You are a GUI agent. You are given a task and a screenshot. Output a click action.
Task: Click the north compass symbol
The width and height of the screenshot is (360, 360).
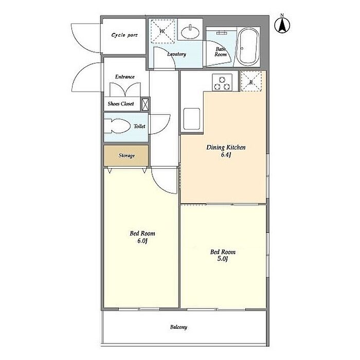pyautogui.click(x=282, y=24)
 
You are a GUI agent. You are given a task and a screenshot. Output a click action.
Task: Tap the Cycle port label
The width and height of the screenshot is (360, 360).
pyautogui.click(x=124, y=35)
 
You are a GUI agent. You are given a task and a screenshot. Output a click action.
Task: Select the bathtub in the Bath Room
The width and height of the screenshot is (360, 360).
pyautogui.click(x=248, y=47)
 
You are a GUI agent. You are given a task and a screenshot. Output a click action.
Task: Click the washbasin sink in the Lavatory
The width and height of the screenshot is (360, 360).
pyautogui.click(x=190, y=32)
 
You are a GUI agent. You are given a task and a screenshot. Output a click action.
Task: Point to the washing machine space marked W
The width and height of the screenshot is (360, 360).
pyautogui.click(x=163, y=31)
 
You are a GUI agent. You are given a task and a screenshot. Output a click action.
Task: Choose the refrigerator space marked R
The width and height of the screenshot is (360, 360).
pyautogui.click(x=251, y=82)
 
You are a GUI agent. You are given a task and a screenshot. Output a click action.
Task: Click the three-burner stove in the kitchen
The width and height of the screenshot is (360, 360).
pyautogui.click(x=222, y=82)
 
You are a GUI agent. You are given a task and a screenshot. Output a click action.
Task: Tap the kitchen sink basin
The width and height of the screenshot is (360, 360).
pyautogui.click(x=191, y=119)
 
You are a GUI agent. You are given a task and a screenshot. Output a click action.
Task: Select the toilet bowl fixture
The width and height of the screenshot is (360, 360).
pyautogui.click(x=117, y=126)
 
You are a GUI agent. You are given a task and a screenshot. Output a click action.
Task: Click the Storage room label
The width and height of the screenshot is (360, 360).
pyautogui.click(x=127, y=156)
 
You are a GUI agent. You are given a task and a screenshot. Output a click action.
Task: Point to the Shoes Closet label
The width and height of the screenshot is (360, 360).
pyautogui.click(x=121, y=104)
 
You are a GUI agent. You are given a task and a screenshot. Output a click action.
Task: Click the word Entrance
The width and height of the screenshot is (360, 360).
pyautogui.click(x=125, y=77)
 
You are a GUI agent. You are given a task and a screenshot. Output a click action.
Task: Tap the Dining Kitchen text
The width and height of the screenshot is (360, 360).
pyautogui.click(x=226, y=148)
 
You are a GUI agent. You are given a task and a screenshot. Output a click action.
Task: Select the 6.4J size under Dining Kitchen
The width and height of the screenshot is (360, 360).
pyautogui.click(x=226, y=155)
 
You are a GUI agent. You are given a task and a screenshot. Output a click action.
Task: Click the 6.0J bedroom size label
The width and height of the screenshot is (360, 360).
pyautogui.click(x=142, y=241)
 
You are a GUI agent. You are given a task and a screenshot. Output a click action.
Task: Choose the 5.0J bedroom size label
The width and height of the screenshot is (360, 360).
pyautogui.click(x=223, y=259)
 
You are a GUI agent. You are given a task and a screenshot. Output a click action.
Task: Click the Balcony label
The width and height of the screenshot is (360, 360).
pyautogui.click(x=178, y=327)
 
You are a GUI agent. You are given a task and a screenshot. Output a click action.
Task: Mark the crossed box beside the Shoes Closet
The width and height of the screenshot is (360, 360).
pyautogui.click(x=145, y=104)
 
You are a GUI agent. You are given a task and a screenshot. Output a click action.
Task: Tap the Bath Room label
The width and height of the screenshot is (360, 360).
pyautogui.click(x=221, y=51)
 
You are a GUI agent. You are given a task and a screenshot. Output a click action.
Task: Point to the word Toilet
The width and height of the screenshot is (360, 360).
pyautogui.click(x=139, y=127)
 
